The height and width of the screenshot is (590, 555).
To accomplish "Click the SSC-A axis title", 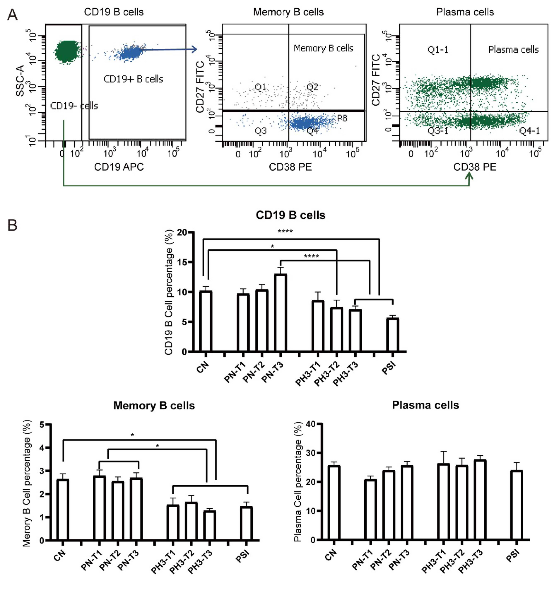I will [20, 81].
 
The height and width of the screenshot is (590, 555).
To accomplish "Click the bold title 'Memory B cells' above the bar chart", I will [154, 405].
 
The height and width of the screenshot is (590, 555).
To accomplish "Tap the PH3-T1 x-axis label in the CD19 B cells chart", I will [309, 375].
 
